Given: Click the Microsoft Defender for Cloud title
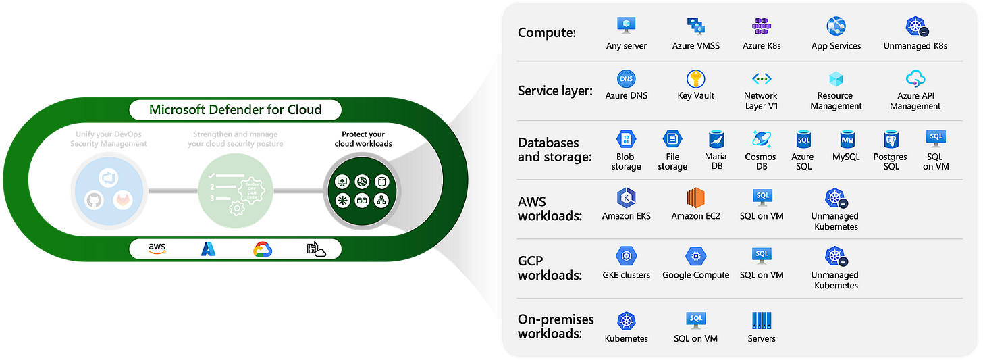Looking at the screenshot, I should click(235, 109).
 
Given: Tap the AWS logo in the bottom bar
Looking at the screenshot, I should click(157, 249).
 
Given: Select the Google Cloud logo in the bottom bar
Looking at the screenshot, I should click(262, 249).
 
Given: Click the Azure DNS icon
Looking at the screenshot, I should click(626, 78).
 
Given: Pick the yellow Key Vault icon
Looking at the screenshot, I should click(695, 78).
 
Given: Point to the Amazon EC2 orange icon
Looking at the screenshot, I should click(695, 198).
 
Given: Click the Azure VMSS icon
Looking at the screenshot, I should click(695, 26).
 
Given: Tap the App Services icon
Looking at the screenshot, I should click(836, 26).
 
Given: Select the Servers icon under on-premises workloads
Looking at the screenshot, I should click(762, 320).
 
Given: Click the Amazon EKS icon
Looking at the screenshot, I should click(626, 198).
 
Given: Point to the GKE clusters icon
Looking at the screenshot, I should click(626, 256).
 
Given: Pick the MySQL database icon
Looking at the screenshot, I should click(849, 139).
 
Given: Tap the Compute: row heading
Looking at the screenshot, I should click(546, 32).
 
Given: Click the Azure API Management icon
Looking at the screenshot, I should click(915, 78).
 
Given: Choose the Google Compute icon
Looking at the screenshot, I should click(695, 256).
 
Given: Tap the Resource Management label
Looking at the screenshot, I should click(836, 101).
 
